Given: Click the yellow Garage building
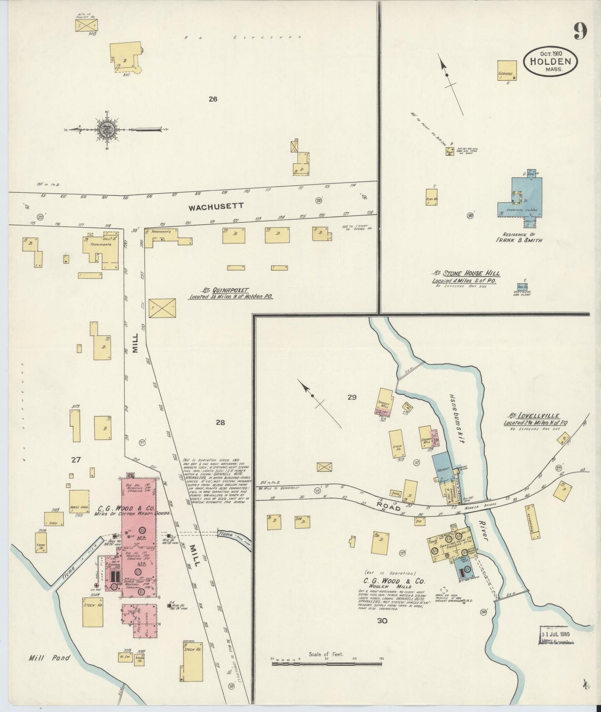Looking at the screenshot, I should click(507, 70).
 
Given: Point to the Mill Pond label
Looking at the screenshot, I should click(49, 658).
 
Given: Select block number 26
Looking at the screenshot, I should click(213, 99).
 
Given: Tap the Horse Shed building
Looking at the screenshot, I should click(79, 501).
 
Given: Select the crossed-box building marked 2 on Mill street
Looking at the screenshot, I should click(162, 308).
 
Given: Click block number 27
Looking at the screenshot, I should click(75, 459).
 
